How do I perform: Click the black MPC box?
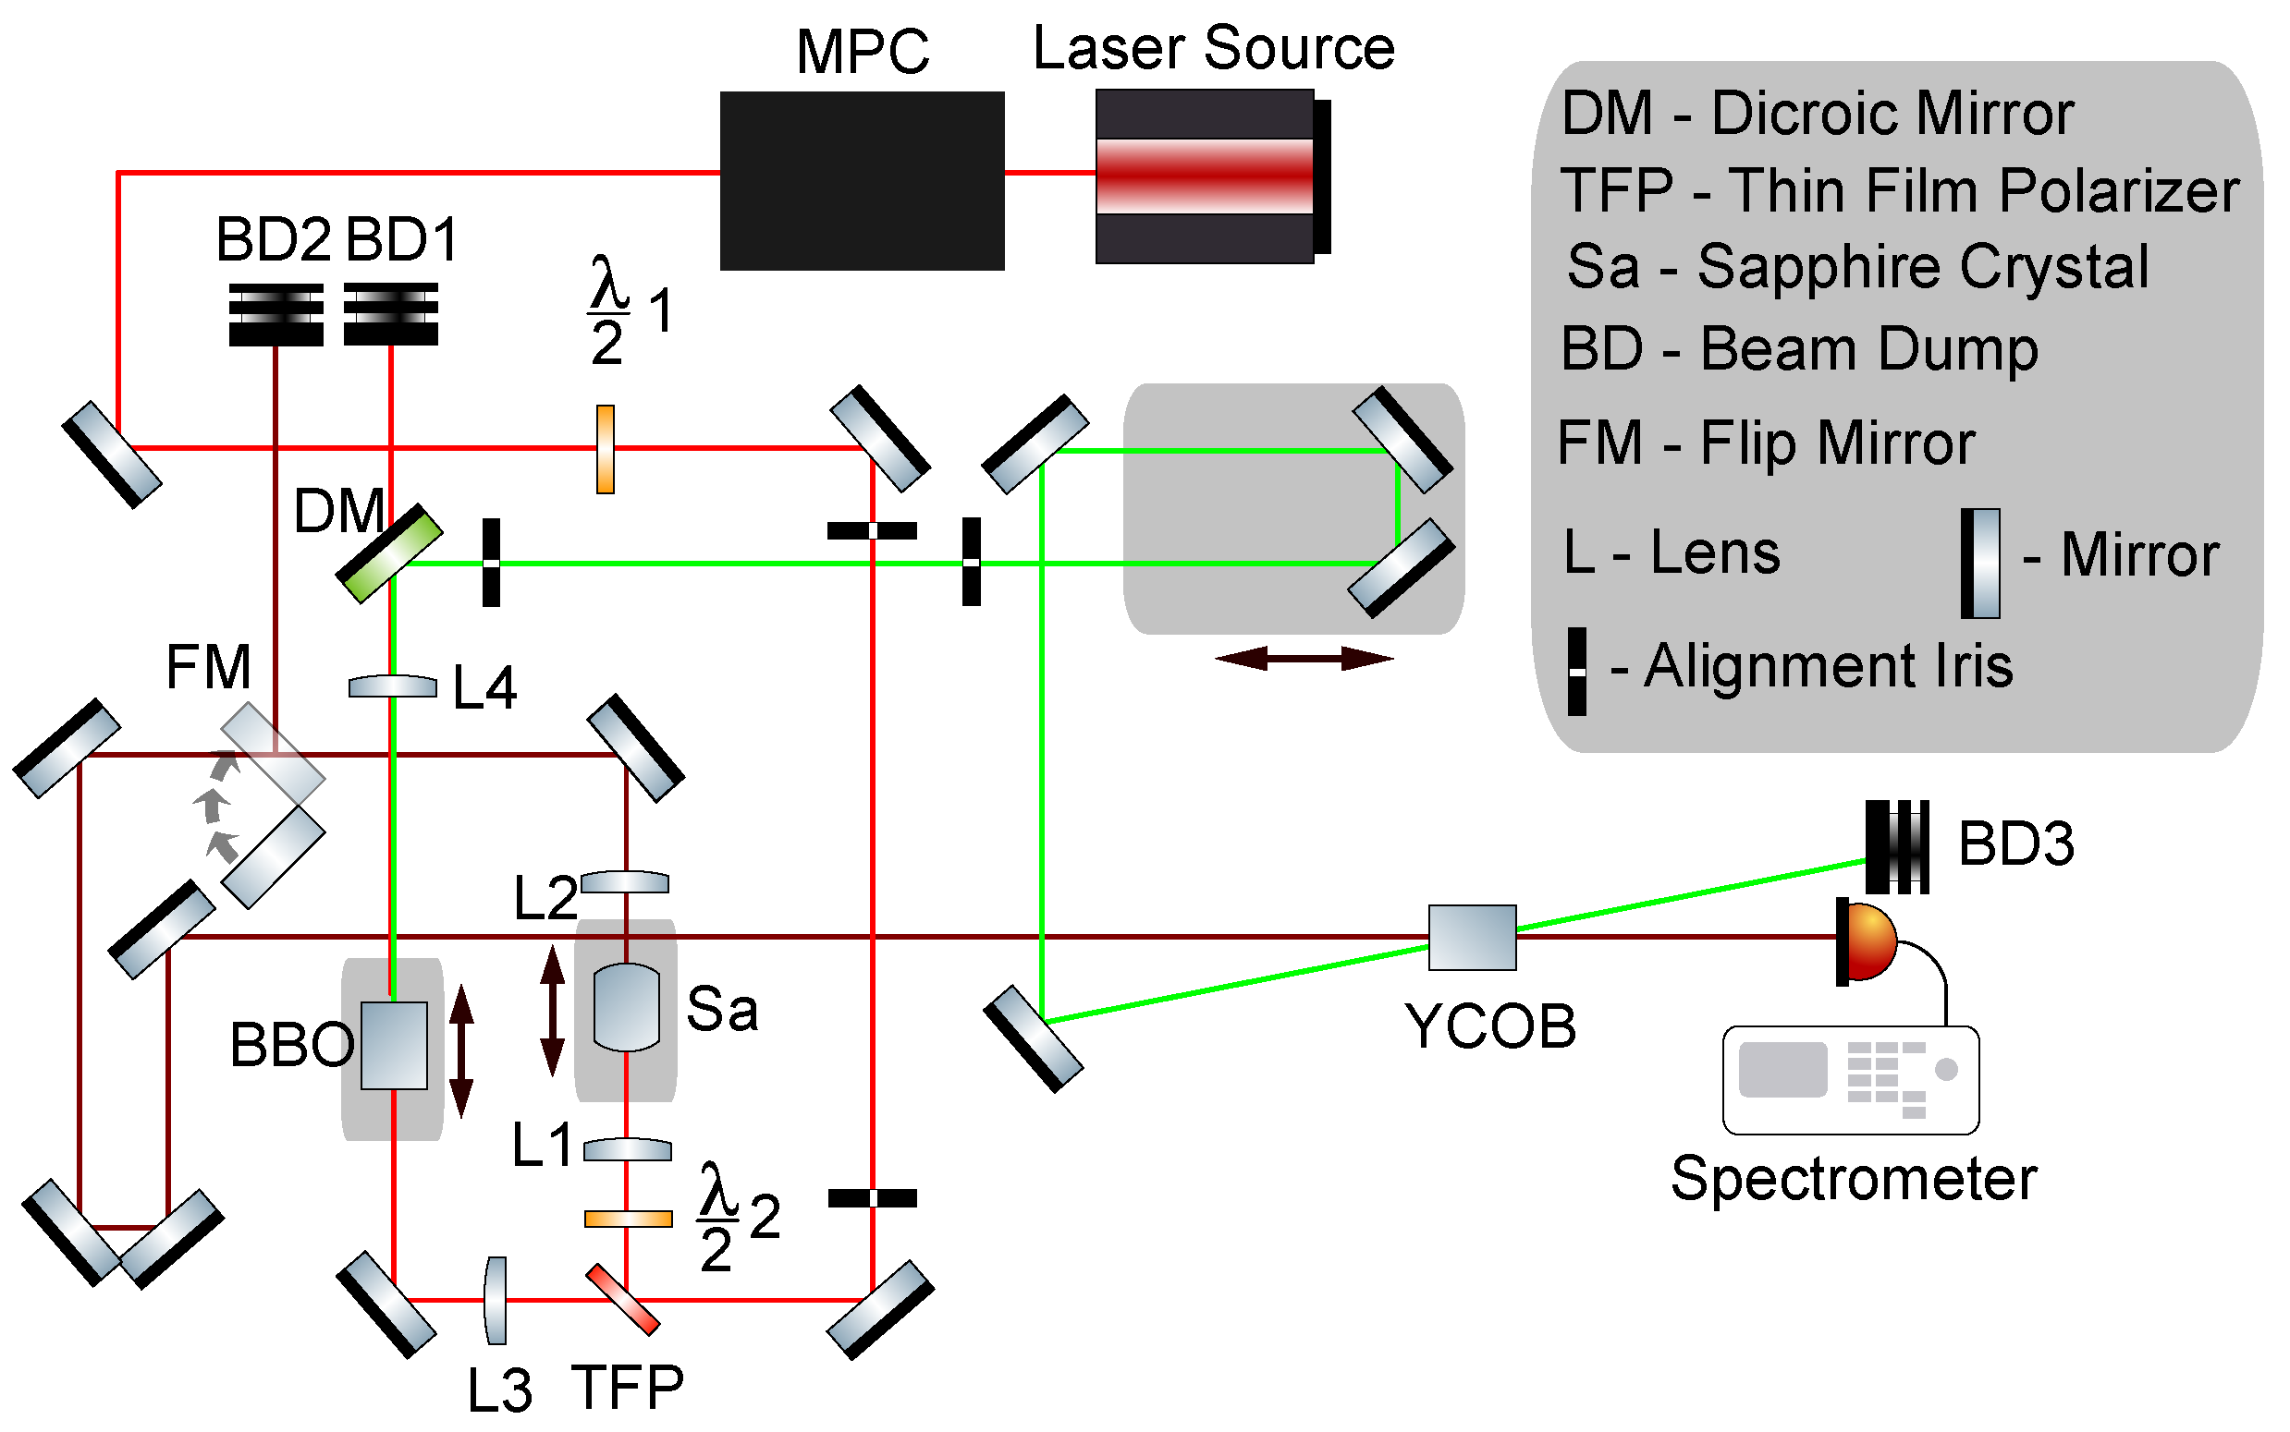(862, 180)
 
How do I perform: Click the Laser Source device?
(1206, 176)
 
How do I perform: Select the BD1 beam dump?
(390, 313)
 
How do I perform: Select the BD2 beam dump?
(276, 314)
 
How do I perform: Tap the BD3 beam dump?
(1897, 846)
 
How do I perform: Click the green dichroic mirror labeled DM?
(389, 554)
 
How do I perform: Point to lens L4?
(392, 686)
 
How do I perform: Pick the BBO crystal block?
(394, 1046)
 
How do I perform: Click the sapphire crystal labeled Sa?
(626, 1008)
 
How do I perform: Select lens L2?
(624, 882)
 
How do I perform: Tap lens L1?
(627, 1150)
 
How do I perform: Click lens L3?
(496, 1301)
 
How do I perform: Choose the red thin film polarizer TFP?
(622, 1299)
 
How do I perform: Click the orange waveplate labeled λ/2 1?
(605, 449)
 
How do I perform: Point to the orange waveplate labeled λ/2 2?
(627, 1219)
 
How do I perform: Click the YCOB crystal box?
(1472, 938)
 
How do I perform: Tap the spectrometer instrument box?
(1850, 1080)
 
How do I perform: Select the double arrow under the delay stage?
(1304, 658)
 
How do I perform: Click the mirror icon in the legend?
(1980, 564)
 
